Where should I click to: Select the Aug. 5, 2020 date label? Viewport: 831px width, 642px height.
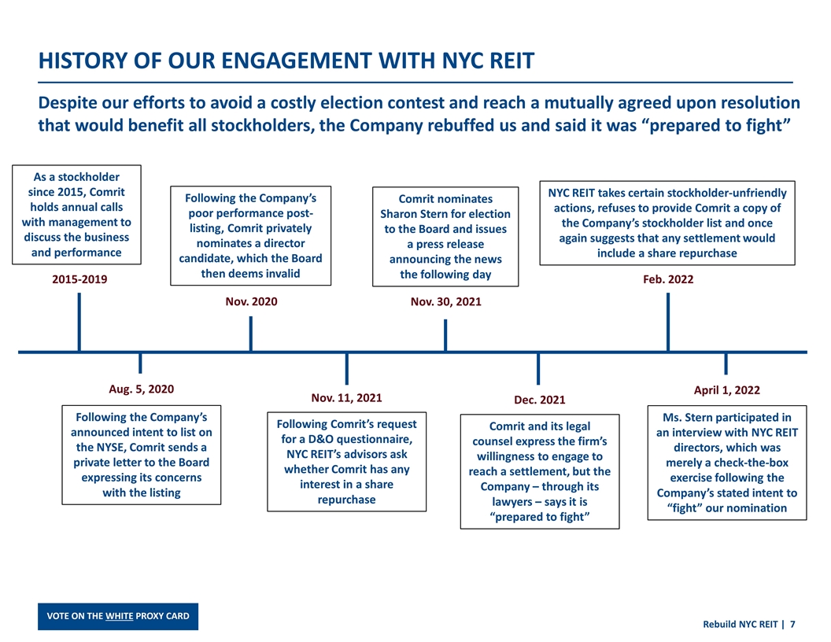pyautogui.click(x=140, y=389)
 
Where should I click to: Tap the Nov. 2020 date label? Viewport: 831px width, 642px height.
pyautogui.click(x=251, y=301)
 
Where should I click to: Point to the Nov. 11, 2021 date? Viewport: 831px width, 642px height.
pyautogui.click(x=347, y=397)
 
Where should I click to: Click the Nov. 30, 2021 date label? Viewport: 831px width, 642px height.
pyautogui.click(x=446, y=301)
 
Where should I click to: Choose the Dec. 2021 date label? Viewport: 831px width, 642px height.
pyautogui.click(x=539, y=400)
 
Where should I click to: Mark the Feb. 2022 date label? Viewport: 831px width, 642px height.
pyautogui.click(x=668, y=279)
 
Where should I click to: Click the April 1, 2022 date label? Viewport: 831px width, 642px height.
pyautogui.click(x=726, y=389)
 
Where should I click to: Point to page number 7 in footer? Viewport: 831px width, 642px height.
pyautogui.click(x=792, y=624)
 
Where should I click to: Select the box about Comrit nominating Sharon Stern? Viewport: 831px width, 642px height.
pyautogui.click(x=445, y=236)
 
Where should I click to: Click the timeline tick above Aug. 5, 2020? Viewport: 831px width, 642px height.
pyautogui.click(x=140, y=363)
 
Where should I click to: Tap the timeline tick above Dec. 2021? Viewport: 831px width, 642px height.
pyautogui.click(x=538, y=367)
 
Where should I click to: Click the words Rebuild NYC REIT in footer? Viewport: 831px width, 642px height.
pyautogui.click(x=739, y=624)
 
